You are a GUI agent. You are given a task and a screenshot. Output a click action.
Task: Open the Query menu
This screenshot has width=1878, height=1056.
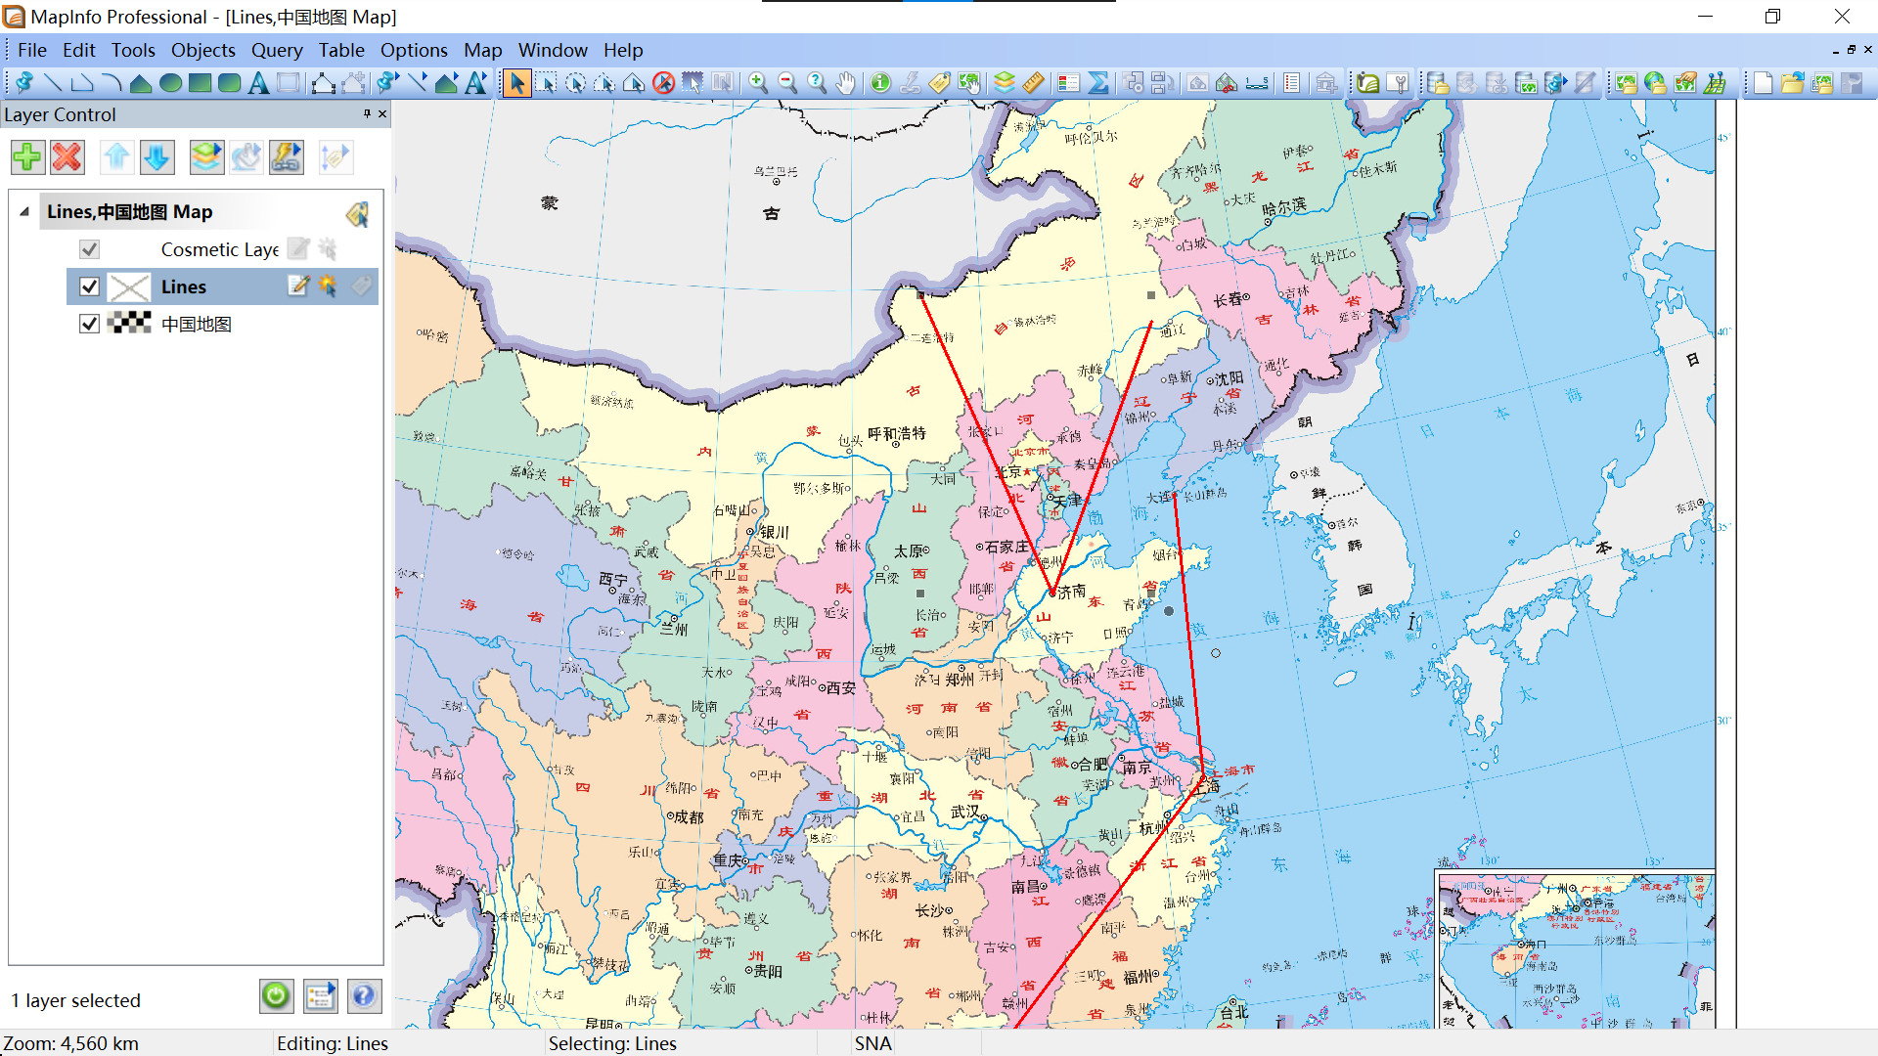pos(276,50)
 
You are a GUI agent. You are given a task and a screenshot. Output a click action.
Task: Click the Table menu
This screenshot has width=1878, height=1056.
pos(340,50)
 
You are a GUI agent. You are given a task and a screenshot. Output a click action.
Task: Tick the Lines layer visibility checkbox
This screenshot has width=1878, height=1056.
pos(89,286)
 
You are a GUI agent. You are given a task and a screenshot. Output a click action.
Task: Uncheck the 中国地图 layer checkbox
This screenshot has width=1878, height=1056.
pos(89,324)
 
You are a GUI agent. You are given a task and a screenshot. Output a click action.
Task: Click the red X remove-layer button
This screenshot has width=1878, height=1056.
pos(67,157)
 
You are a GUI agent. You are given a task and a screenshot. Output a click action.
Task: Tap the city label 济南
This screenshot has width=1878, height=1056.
pos(1072,592)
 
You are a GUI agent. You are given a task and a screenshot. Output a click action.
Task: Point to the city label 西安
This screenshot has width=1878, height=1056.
pos(841,688)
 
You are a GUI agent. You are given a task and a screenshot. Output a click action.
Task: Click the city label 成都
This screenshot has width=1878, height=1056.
pos(689,816)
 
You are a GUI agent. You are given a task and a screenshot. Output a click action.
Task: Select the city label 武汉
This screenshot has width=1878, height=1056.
pos(965,812)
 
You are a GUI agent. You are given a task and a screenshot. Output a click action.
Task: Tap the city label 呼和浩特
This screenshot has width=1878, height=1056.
pos(897,433)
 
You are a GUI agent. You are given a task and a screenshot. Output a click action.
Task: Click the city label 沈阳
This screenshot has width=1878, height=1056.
pos(1230,377)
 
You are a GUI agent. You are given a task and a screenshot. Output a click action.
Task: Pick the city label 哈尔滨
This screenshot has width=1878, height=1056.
pos(1284,207)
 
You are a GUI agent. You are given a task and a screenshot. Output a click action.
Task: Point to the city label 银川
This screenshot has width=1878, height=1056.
pos(774,532)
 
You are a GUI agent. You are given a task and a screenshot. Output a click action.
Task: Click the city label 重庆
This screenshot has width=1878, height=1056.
pos(728,860)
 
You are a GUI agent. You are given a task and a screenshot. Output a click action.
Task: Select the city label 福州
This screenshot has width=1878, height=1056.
pos(1140,976)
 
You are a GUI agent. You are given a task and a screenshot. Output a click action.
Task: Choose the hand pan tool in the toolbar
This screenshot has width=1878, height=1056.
pos(846,83)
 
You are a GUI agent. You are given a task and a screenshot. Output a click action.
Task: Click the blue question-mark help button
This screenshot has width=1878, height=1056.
pos(363,996)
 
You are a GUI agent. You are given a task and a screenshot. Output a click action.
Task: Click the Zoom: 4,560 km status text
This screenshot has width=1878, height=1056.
pos(70,1043)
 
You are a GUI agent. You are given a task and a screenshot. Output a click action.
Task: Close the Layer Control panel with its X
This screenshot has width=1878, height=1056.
pos(382,114)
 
